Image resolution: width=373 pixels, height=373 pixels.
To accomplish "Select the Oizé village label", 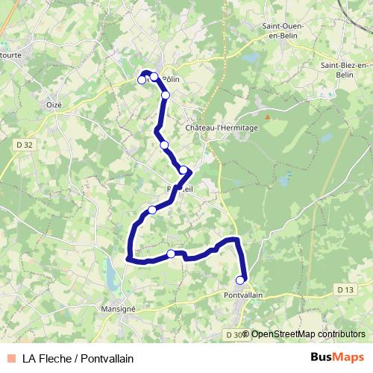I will click(54, 105).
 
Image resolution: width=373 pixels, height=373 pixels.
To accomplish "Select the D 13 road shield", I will click(345, 289).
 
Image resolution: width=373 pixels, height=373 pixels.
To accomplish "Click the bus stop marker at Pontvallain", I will click(240, 280).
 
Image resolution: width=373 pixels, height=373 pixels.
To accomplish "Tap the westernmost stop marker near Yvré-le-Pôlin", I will click(142, 80).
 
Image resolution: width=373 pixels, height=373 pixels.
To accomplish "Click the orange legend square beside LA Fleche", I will click(10, 357).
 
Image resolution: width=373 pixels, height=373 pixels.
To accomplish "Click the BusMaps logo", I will click(337, 357).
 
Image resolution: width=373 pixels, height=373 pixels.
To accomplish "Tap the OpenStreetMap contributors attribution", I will click(307, 334).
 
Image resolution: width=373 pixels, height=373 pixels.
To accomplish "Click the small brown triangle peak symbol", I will click(266, 117).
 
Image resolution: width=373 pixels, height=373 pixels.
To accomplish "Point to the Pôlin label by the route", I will click(172, 78).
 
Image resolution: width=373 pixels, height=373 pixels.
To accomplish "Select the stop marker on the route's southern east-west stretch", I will click(172, 254).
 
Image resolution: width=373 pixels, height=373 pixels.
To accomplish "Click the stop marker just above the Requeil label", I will click(184, 170).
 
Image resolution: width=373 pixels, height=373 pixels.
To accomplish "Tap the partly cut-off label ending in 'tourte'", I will click(10, 54).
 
